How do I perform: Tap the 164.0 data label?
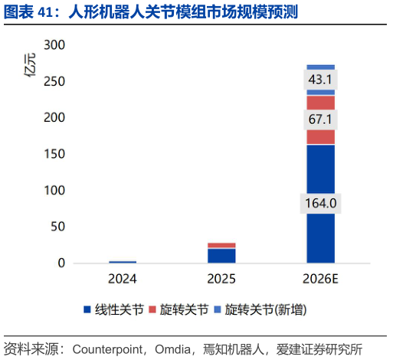pos(320,204)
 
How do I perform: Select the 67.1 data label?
pos(320,119)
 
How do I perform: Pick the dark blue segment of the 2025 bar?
pos(221,255)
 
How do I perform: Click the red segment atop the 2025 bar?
pos(221,245)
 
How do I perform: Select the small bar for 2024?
pos(123,262)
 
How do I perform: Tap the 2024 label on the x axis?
pos(123,278)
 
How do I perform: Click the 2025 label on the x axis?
pos(221,278)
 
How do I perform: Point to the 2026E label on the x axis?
pos(320,278)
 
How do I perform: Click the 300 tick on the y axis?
pos(54,46)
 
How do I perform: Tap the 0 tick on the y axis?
pos(61,263)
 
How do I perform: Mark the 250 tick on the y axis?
pos(54,82)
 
